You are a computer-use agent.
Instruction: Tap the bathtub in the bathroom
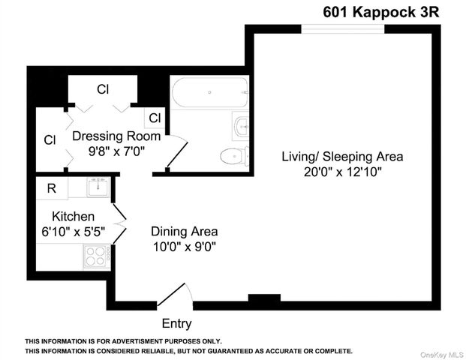[x=209, y=93]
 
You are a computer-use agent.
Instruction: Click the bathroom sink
[x=241, y=126]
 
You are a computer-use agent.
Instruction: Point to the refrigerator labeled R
[x=51, y=188]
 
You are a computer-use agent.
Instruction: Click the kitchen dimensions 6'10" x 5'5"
[x=73, y=232]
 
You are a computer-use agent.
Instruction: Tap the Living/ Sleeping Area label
[x=342, y=157]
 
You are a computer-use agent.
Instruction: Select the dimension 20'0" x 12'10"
[x=342, y=172]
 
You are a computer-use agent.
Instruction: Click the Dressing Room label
[x=116, y=136]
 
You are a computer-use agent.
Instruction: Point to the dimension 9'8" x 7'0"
[x=116, y=151]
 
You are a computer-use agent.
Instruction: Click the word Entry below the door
[x=176, y=324]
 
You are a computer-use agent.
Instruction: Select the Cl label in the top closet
[x=103, y=89]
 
